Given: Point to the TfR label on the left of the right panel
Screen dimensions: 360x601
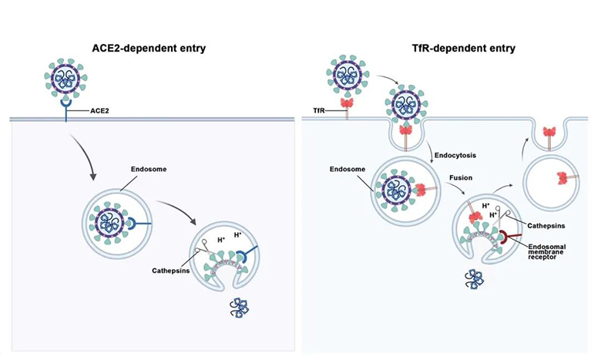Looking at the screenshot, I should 311,110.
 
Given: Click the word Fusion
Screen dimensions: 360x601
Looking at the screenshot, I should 461,177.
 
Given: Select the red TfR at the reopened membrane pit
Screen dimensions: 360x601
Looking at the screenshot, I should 552,133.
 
